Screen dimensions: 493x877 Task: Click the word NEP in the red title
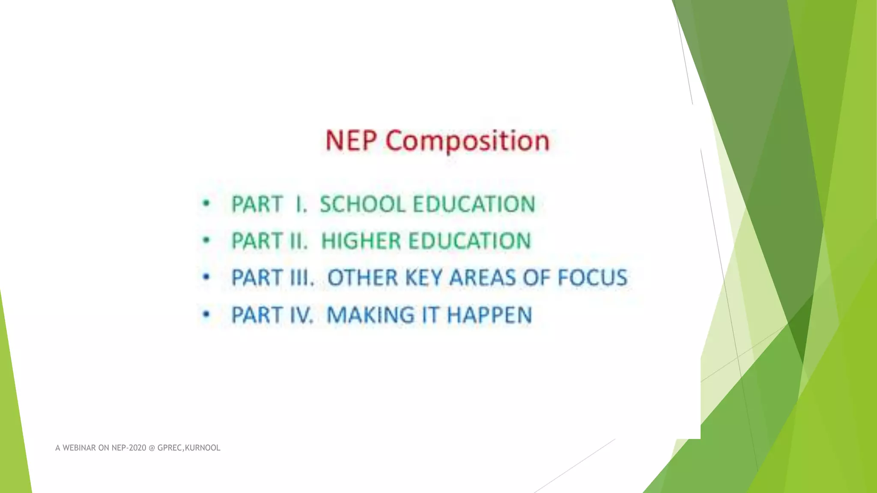point(351,140)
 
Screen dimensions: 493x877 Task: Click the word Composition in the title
point(468,141)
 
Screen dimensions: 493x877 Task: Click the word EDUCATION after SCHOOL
point(474,204)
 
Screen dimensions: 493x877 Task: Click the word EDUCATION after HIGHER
point(470,241)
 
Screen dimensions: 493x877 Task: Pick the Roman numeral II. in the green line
point(298,241)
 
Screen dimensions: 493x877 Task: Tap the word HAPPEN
point(489,315)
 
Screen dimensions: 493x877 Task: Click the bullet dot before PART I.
point(206,204)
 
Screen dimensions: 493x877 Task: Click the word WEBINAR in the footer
point(79,448)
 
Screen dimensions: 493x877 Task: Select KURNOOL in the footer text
point(203,448)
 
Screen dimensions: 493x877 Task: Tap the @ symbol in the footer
point(152,448)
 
